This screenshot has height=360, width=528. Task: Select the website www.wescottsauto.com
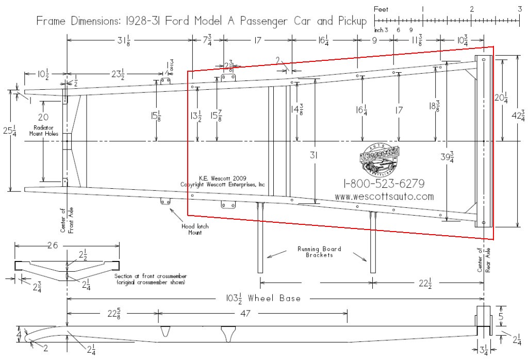point(384,197)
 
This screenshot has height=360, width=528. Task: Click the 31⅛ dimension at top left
point(125,40)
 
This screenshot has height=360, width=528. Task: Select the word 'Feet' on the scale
point(381,9)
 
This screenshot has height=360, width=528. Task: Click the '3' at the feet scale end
point(520,9)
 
